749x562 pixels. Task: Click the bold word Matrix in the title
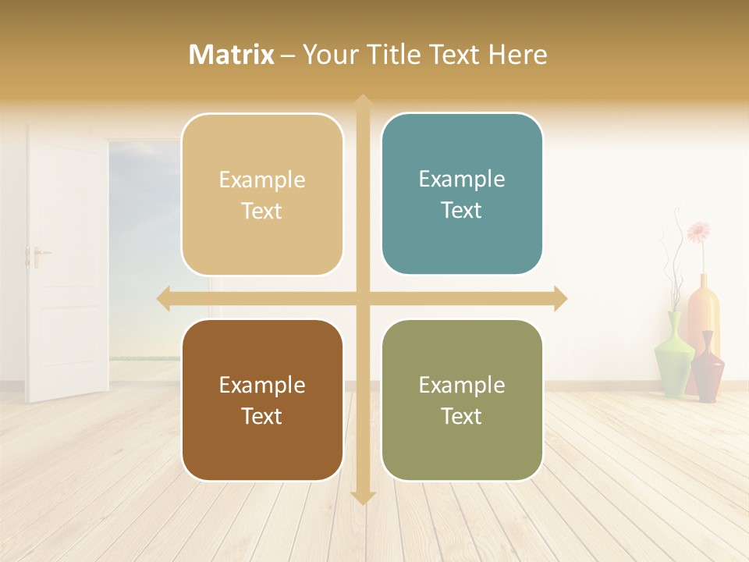[x=232, y=55]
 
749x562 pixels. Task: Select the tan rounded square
[x=262, y=194]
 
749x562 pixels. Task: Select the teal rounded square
[x=462, y=194]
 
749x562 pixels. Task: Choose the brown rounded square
[x=262, y=400]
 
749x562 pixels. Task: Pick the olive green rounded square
[x=462, y=400]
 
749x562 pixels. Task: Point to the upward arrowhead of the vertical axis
[x=362, y=102]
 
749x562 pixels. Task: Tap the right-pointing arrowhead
[x=560, y=299]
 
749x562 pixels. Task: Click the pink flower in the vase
[x=698, y=232]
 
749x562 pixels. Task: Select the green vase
[x=673, y=355]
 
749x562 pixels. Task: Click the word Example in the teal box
[x=462, y=179]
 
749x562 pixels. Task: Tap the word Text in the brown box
[x=262, y=416]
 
